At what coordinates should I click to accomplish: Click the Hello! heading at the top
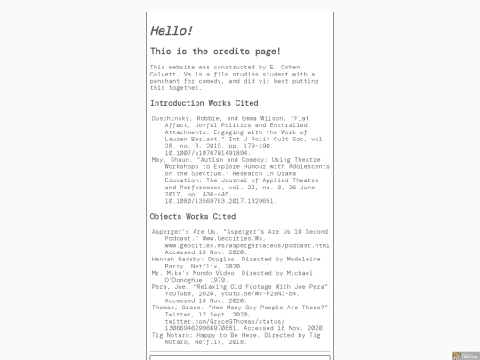[x=172, y=31]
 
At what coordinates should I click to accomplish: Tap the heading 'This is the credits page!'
[x=215, y=52]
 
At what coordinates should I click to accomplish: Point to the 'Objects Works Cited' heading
[x=192, y=216]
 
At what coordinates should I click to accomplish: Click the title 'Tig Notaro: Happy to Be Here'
[x=200, y=334]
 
